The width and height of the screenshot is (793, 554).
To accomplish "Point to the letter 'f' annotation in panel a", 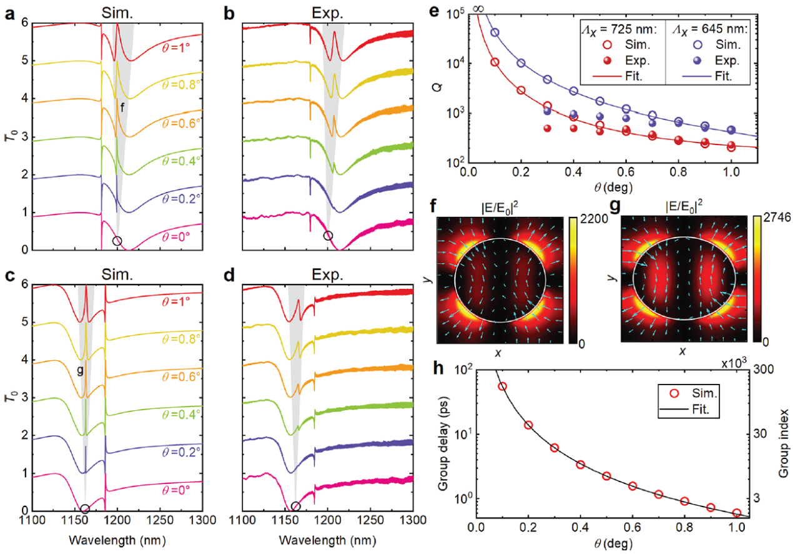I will click(122, 107).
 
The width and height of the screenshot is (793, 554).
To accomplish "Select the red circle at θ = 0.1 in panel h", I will click(502, 386).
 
